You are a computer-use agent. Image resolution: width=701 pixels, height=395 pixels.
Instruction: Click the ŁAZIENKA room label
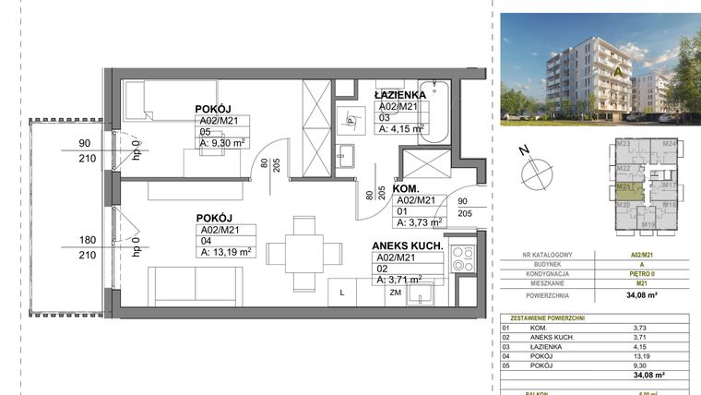399,95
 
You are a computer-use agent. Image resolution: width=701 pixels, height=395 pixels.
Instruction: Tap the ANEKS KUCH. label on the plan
409,246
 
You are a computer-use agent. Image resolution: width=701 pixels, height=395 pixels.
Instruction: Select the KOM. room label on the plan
407,188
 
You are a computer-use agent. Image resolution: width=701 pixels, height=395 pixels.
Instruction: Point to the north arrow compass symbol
534,172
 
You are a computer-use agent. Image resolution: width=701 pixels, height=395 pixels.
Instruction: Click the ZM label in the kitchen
395,293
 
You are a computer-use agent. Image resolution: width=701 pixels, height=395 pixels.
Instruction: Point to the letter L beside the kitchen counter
343,293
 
